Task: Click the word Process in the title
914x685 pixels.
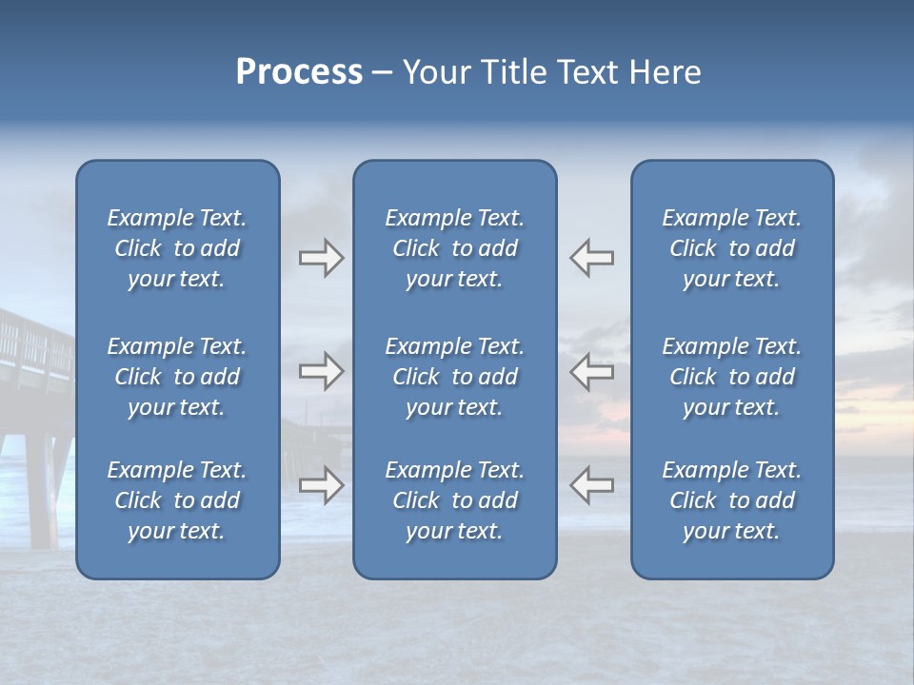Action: (299, 73)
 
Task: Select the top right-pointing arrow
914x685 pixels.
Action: (321, 258)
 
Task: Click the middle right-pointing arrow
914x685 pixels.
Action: (321, 371)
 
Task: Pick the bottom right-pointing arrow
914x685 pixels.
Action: (321, 485)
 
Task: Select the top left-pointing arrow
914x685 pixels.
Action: (591, 258)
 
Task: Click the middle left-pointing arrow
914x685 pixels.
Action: (591, 371)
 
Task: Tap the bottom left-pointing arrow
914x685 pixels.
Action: (591, 485)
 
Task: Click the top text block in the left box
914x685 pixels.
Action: (177, 248)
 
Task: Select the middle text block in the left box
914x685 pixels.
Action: (177, 377)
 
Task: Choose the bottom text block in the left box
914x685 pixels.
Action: (177, 500)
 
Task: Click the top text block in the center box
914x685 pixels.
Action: (454, 248)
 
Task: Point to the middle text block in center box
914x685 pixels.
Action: (454, 377)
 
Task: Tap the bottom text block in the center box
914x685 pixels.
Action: (454, 500)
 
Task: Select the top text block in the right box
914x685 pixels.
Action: (731, 248)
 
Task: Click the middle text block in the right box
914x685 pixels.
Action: (731, 377)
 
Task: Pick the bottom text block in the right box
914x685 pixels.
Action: (731, 500)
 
